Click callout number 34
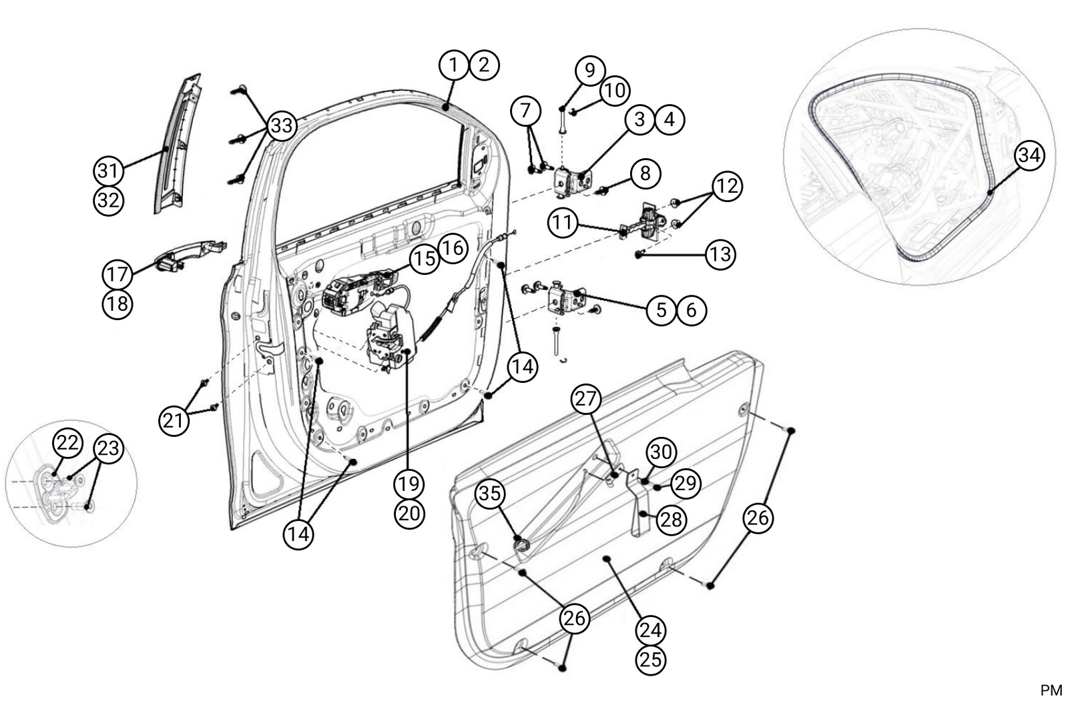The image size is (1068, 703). [1029, 155]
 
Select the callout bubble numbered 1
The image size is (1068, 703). [454, 65]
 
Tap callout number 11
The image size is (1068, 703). [563, 222]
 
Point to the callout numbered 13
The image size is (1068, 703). [720, 254]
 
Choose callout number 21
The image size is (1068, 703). [174, 421]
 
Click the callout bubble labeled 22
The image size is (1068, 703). [67, 443]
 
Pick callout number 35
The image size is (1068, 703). [490, 494]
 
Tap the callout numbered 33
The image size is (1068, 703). [282, 125]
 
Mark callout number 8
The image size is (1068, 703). [644, 173]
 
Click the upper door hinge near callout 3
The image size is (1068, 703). [571, 180]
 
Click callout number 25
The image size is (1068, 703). [651, 659]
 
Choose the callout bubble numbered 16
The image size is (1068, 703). [452, 248]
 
